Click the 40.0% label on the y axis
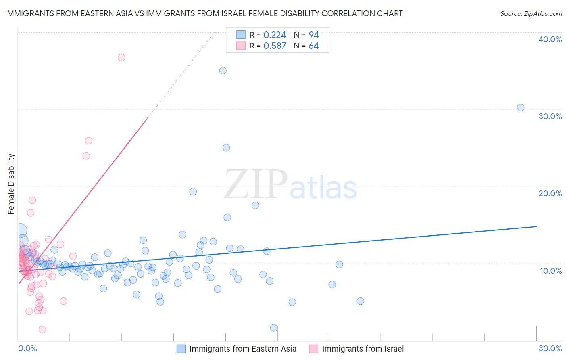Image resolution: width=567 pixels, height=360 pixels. pos(550,39)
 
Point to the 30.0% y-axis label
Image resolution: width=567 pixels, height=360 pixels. pos(550,116)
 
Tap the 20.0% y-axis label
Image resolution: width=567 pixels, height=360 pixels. pos(550,193)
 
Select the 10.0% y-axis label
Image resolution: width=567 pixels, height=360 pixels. pos(551,271)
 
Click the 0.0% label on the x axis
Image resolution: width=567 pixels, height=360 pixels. pos(27,349)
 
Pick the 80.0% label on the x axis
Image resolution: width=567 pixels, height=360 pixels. pos(550,349)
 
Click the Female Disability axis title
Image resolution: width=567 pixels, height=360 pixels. pos(11,184)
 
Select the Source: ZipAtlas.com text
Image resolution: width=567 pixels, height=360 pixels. pos(531,14)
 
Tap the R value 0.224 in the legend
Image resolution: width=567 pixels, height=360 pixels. pos(275,35)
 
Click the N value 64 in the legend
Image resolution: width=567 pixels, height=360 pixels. pos(313,46)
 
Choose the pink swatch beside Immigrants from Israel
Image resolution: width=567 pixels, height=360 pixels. pos(313,349)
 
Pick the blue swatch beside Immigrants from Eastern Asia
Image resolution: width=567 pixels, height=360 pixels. pos(181,349)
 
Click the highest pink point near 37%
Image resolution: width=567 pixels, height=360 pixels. pos(121,58)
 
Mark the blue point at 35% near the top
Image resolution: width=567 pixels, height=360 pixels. pos(223,71)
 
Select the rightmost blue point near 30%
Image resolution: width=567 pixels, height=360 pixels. pos(521,108)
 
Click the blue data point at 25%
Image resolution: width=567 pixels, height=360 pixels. pos(226,148)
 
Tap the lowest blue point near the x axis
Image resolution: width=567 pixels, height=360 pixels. pos(274,328)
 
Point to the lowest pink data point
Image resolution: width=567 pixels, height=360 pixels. pos(42,330)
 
